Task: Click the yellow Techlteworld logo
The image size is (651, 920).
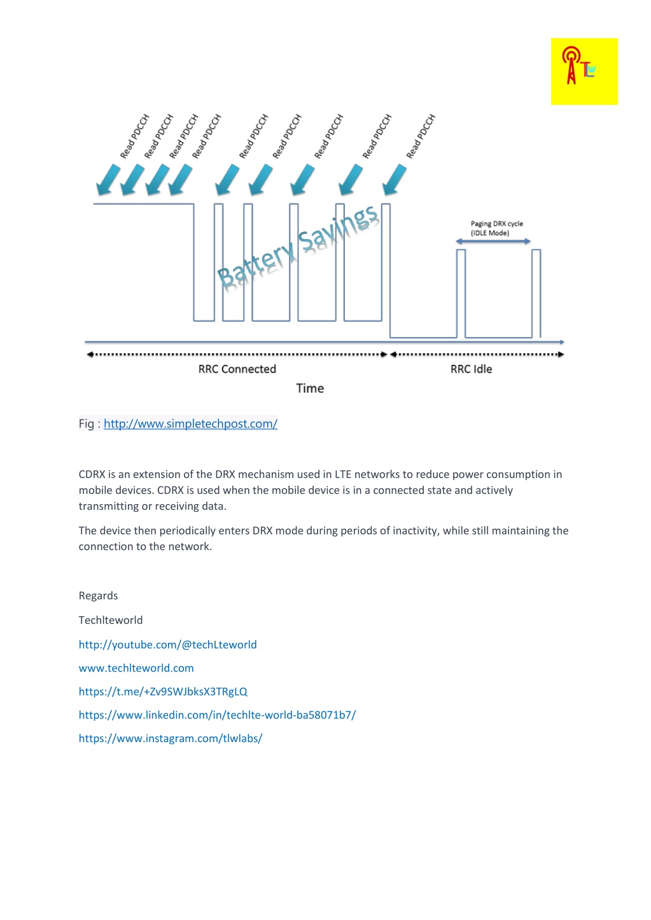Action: click(x=584, y=71)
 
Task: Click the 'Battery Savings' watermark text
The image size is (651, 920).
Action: click(x=298, y=246)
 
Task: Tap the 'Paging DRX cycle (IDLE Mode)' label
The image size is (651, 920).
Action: click(x=496, y=228)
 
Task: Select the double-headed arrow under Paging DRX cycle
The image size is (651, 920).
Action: click(x=493, y=242)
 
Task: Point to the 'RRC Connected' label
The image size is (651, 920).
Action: click(x=237, y=369)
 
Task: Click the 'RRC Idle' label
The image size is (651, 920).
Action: click(x=471, y=369)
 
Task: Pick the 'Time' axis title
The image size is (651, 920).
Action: click(x=310, y=388)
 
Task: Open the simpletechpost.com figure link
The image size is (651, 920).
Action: click(x=190, y=424)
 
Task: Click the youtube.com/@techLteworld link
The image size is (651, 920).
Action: click(x=167, y=645)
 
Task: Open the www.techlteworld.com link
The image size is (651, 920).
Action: click(x=136, y=668)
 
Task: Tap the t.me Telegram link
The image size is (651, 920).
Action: click(x=163, y=692)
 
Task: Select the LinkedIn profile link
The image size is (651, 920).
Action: click(x=217, y=715)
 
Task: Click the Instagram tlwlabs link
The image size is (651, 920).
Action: click(x=171, y=739)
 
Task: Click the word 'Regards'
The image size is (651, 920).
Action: click(x=98, y=596)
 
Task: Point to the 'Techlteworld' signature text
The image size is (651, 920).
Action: click(x=111, y=621)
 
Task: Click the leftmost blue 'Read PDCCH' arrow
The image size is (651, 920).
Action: click(x=108, y=180)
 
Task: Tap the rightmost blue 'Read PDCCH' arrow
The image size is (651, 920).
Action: click(x=395, y=180)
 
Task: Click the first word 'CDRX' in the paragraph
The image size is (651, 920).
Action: click(x=92, y=475)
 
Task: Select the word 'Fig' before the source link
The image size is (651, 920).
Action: click(x=86, y=424)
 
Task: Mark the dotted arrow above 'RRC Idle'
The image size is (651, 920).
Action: click(x=477, y=355)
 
